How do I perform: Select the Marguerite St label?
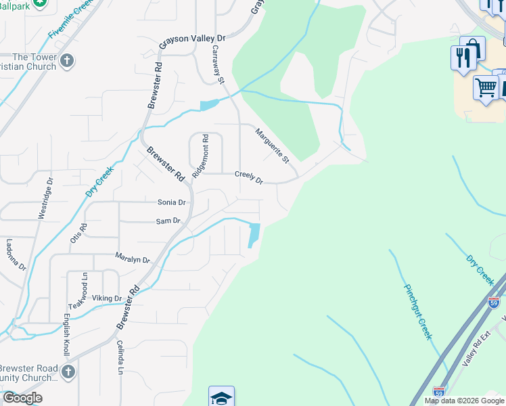click(272, 146)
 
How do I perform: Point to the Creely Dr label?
click(248, 177)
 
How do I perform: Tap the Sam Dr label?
click(168, 221)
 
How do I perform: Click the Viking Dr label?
click(107, 298)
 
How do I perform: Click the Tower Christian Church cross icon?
click(66, 62)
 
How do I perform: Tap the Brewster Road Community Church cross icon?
click(67, 371)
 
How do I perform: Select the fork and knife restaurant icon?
click(463, 58)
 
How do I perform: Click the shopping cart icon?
click(486, 88)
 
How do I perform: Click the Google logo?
click(22, 398)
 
